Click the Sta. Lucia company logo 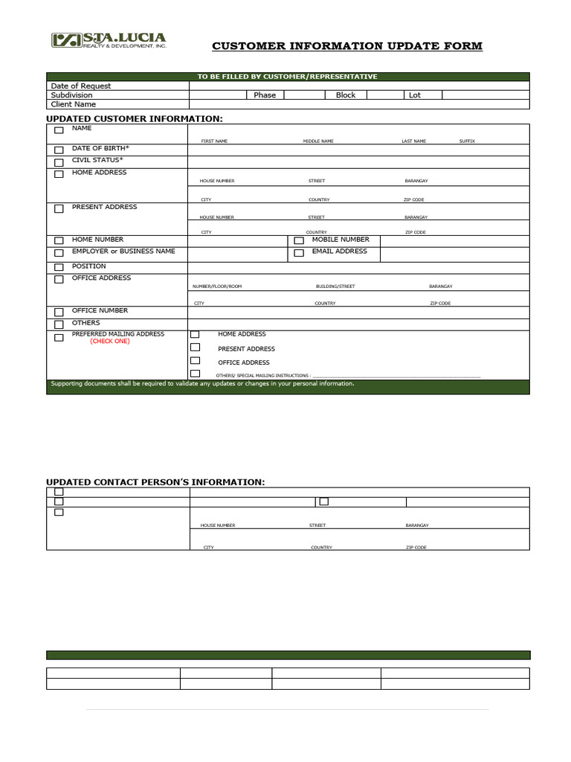[x=108, y=39]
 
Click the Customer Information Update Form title [x=347, y=46]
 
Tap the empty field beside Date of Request [x=359, y=86]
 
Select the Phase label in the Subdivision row [x=264, y=95]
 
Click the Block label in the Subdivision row [x=346, y=95]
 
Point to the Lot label [x=415, y=95]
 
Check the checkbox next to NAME [x=59, y=130]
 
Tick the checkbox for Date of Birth [x=59, y=150]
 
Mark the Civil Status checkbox [x=59, y=162]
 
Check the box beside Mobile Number [x=299, y=240]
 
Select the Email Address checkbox [x=299, y=253]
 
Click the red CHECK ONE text [x=110, y=342]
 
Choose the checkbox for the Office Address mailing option [x=195, y=361]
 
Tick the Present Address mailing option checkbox [x=195, y=347]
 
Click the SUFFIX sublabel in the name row [x=467, y=141]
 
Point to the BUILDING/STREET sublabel [x=335, y=286]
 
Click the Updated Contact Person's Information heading [x=155, y=482]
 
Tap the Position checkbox [x=59, y=267]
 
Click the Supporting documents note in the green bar [x=202, y=384]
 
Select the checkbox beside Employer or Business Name [x=59, y=253]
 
